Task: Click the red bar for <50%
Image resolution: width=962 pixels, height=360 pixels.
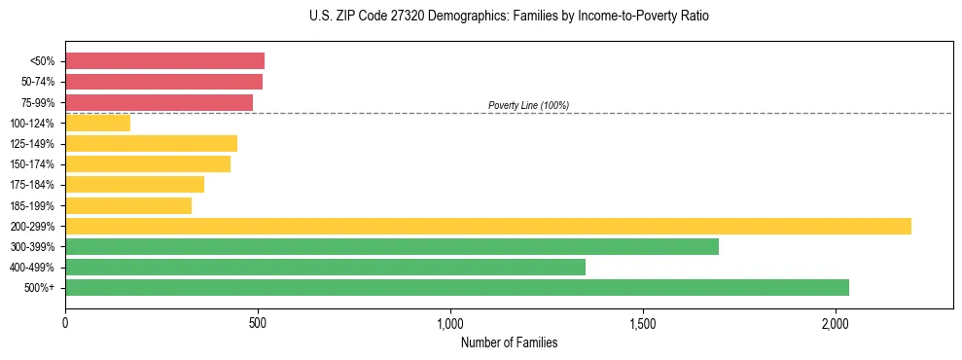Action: click(164, 61)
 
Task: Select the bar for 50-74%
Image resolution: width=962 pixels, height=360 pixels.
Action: click(163, 82)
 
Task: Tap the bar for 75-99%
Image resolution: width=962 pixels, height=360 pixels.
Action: click(159, 102)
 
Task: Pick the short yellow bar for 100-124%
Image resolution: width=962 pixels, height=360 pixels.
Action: click(97, 124)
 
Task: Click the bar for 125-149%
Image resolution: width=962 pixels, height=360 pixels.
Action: click(151, 144)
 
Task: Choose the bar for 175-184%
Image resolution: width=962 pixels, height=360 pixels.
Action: click(134, 185)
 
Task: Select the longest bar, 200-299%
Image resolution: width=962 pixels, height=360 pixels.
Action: click(487, 226)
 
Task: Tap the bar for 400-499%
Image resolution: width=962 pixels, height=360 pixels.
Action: click(325, 267)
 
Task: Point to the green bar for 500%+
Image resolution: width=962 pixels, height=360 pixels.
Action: click(456, 287)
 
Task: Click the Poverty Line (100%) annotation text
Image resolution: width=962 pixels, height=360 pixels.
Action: click(528, 105)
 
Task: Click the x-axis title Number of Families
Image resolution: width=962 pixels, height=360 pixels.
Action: click(509, 342)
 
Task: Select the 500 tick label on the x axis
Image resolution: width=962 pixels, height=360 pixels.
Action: click(258, 322)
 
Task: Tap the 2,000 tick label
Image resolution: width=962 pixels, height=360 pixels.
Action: click(836, 322)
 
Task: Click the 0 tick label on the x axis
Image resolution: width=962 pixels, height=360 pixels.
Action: click(65, 322)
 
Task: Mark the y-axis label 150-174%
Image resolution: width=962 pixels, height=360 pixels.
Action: click(32, 164)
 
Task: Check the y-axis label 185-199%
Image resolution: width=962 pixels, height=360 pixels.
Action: click(32, 205)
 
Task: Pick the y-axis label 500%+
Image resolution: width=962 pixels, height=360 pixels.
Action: click(40, 288)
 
